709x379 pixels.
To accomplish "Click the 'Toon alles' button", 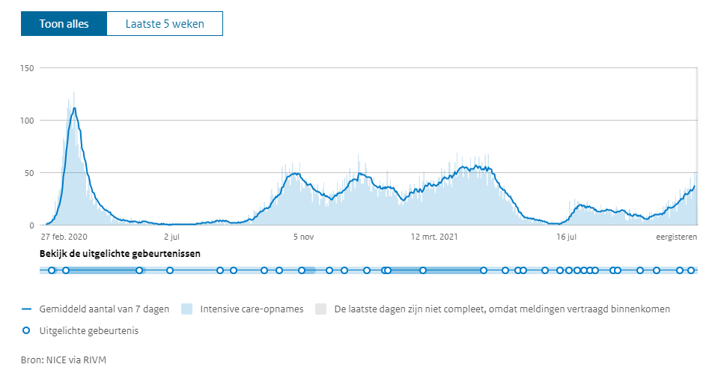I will coord(64,24).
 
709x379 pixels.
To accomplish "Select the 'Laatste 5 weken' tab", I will coord(164,24).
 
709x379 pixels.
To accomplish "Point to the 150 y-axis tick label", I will coord(28,68).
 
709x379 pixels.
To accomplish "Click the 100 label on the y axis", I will coord(28,121).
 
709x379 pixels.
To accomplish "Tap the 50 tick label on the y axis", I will coord(30,173).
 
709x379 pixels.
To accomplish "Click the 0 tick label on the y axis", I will coord(32,225).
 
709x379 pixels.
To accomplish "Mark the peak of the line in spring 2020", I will coord(74,109).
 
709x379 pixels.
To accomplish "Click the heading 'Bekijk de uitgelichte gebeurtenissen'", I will coord(119,253).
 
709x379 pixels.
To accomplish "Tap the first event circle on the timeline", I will coord(51,270).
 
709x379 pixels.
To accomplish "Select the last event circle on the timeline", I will coord(691,270).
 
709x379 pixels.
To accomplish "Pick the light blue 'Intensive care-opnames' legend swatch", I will coord(187,309).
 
